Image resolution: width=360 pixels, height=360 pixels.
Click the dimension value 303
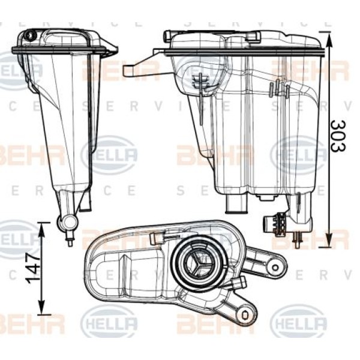tap(338, 136)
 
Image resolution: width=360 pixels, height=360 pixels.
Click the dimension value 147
tap(33, 267)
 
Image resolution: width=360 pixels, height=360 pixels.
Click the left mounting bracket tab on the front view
tap(140, 66)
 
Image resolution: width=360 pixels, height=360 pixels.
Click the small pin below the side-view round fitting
tap(70, 242)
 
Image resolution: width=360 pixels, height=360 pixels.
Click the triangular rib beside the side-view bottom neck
tap(86, 202)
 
